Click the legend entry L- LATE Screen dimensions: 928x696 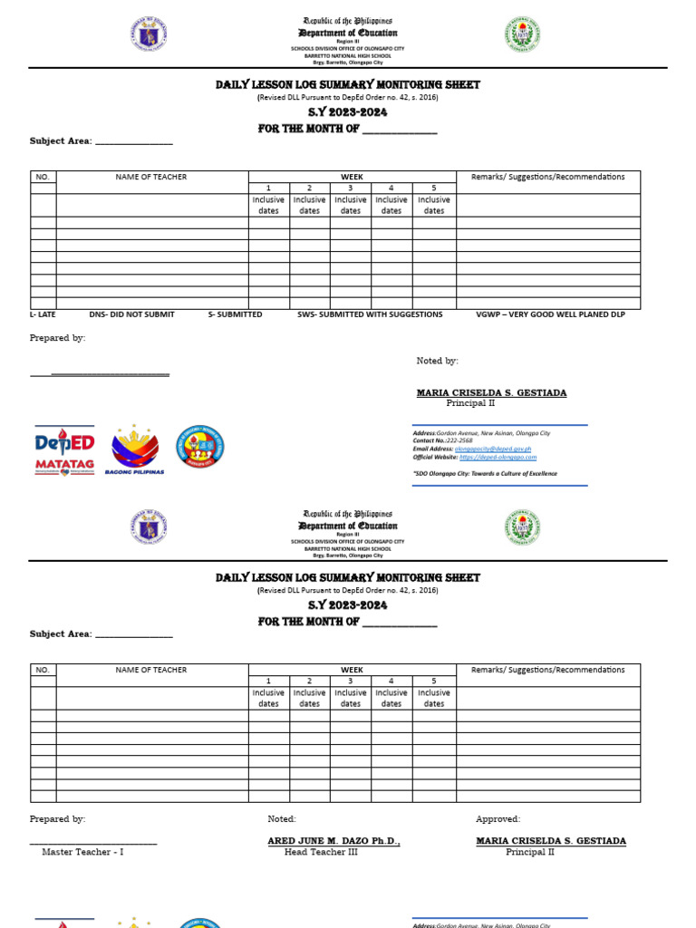click(43, 314)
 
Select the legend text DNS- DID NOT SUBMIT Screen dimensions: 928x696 click(131, 314)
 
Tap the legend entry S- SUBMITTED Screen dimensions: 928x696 click(235, 314)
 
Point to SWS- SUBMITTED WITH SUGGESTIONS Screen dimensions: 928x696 click(370, 314)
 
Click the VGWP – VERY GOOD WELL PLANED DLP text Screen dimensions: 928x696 click(550, 314)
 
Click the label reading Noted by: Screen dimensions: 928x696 click(437, 361)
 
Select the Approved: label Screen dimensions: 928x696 click(498, 819)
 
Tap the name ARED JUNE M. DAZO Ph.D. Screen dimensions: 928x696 click(333, 841)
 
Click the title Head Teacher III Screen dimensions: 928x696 click(321, 853)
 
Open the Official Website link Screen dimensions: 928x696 click(498, 458)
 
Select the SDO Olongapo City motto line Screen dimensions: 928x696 click(485, 473)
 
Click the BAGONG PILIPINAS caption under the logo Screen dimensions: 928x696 click(134, 472)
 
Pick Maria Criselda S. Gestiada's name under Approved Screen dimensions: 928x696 click(551, 841)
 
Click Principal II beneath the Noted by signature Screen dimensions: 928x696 click(470, 403)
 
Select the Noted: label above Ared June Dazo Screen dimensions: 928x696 click(282, 819)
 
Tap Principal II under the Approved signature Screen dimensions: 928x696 click(530, 853)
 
